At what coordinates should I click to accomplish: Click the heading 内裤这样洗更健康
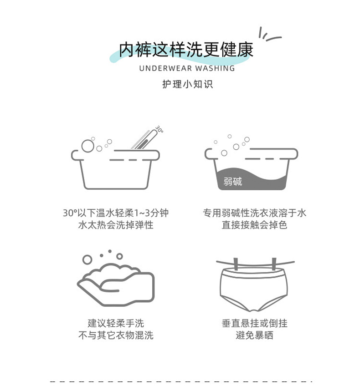point(186,49)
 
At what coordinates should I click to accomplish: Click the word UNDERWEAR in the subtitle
point(165,68)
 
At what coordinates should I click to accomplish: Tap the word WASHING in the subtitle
point(215,68)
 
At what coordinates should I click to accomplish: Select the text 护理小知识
point(187,84)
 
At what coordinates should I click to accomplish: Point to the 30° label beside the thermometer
point(159,129)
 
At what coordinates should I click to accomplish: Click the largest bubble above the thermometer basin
point(88,146)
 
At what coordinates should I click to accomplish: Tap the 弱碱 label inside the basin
point(233,181)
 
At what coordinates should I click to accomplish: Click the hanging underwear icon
point(254,289)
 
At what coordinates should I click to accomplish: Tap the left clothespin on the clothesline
point(236,264)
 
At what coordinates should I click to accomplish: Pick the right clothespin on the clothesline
point(274,264)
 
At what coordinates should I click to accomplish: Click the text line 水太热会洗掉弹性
point(116,225)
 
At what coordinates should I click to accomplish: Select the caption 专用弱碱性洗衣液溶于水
point(254,213)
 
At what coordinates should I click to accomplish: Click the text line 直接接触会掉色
point(254,225)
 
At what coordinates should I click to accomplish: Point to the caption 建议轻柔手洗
point(116,323)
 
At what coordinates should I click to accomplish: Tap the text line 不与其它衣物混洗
point(116,335)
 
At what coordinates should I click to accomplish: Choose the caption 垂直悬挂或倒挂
point(254,323)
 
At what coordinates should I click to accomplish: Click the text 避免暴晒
point(254,335)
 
